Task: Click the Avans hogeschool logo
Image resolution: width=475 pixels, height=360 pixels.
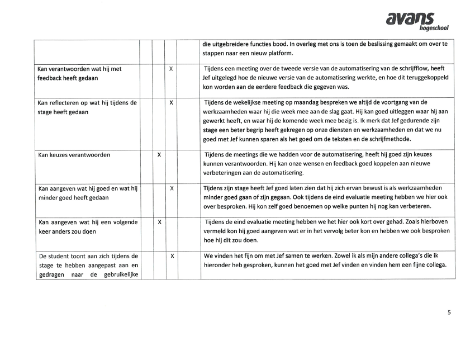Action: coord(417,21)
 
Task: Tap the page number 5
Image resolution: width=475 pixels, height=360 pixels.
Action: coord(449,312)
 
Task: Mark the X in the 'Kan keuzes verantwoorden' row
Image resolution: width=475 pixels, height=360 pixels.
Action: coord(159,154)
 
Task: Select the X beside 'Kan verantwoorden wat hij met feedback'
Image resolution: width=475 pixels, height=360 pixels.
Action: coord(171,69)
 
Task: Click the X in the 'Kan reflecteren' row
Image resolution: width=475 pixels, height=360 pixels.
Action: coord(171,103)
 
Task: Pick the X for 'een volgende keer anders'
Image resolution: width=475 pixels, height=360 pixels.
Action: coord(159,222)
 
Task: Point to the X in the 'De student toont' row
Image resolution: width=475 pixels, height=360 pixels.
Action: coord(171,256)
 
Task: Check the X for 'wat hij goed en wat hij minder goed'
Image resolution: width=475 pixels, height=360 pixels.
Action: coord(171,188)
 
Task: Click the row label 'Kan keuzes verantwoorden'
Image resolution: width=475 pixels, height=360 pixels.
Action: coord(74,155)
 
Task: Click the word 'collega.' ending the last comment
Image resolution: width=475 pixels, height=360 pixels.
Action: coord(435,265)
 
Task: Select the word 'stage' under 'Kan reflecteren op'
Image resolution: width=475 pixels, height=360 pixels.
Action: coord(46,112)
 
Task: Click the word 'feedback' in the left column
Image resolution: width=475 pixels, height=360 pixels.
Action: coord(51,78)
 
